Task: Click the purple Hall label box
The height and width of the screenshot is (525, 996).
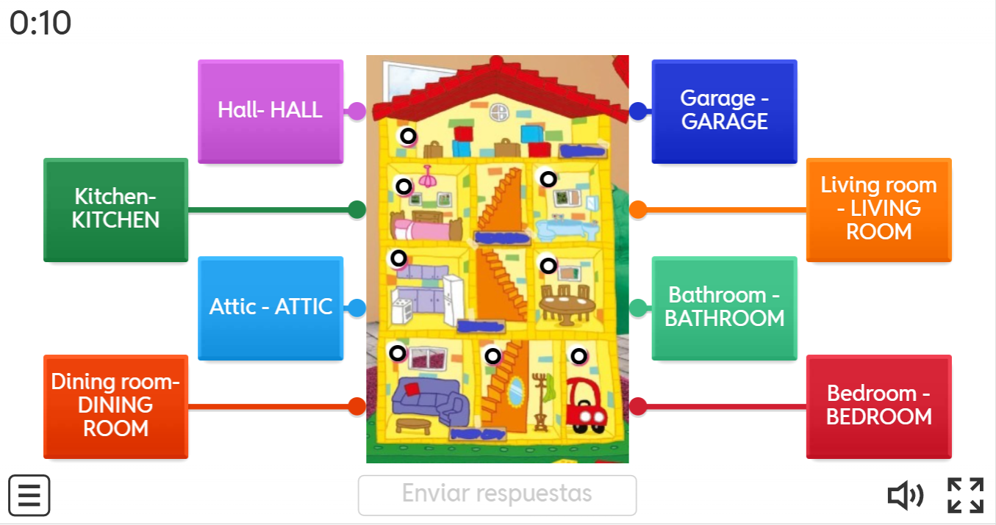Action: point(270,111)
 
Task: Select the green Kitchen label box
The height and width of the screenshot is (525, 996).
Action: point(115,209)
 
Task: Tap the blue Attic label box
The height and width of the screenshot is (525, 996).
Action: point(270,307)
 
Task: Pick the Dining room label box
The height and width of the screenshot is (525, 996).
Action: point(115,406)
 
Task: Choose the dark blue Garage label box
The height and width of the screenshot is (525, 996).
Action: point(724,111)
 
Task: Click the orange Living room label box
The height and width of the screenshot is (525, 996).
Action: point(878,209)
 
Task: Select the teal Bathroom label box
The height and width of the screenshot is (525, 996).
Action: point(724,307)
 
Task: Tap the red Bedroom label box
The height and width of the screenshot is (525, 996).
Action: point(878,406)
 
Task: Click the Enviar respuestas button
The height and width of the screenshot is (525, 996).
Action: point(497,495)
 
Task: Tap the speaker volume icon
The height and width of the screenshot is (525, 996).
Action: point(906,496)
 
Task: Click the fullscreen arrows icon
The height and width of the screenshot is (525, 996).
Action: point(965,496)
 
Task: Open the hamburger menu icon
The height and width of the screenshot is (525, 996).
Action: point(29,496)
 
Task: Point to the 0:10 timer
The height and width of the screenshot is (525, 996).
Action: point(40,23)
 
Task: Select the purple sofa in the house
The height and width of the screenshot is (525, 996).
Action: point(429,401)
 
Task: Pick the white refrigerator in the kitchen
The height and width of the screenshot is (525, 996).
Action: point(453,299)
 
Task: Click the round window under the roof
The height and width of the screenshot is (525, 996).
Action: point(499,112)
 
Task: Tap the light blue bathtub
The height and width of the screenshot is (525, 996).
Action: point(562,229)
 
